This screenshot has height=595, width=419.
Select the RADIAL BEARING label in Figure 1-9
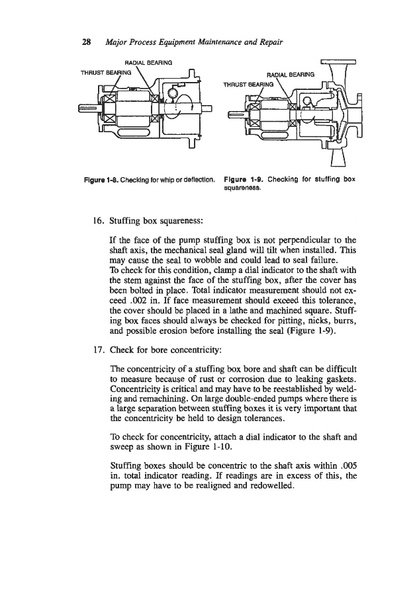click(289, 75)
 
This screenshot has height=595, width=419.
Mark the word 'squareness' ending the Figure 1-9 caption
click(242, 187)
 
